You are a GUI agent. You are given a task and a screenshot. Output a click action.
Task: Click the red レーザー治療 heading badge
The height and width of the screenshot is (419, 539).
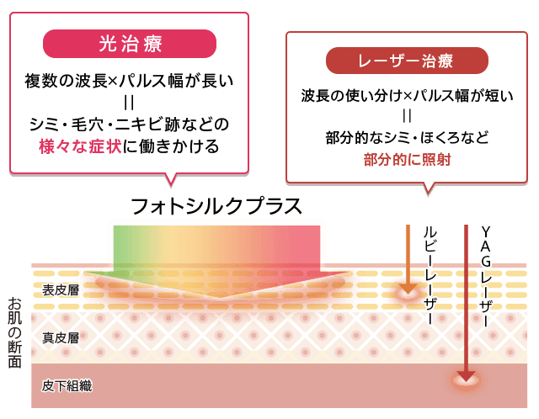[x=406, y=61]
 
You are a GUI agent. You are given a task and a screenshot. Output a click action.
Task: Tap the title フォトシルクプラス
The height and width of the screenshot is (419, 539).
[x=216, y=206]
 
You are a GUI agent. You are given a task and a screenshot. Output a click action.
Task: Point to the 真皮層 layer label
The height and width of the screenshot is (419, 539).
[x=61, y=338]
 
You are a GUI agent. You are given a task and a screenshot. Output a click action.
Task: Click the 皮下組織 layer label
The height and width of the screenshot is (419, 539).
[x=67, y=386]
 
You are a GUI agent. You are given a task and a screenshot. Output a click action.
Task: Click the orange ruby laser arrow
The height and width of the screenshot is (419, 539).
[x=407, y=257]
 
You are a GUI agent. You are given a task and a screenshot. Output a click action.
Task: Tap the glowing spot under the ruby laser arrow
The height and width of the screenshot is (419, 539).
[x=407, y=293]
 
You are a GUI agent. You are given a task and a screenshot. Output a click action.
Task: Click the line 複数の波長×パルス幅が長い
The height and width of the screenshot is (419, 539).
[x=130, y=82]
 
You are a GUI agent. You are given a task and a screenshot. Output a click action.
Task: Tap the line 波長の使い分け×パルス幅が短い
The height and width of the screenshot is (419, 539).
[x=407, y=95]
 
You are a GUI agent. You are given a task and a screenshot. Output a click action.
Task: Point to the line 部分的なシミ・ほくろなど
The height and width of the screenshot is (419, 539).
[x=407, y=136]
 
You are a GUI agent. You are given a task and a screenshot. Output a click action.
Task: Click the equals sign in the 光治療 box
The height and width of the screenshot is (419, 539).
[x=130, y=103]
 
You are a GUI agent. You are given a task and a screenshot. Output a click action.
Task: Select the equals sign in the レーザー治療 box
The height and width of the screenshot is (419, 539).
[x=407, y=115]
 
